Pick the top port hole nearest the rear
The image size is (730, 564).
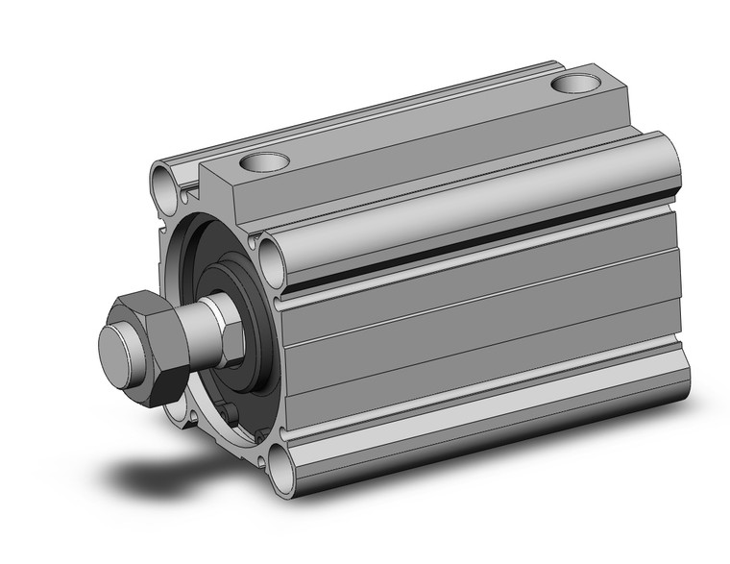tap(576, 84)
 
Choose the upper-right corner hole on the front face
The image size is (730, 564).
tap(272, 259)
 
